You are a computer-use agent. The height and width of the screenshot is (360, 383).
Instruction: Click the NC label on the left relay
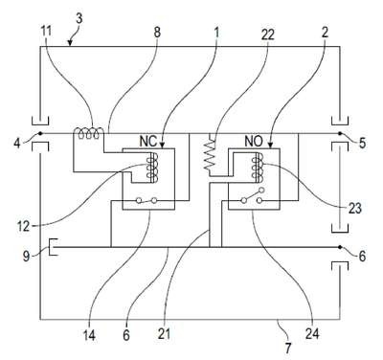point(148,142)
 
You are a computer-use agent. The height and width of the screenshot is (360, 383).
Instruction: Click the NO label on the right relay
point(254,141)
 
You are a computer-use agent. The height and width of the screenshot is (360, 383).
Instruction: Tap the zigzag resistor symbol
point(210,154)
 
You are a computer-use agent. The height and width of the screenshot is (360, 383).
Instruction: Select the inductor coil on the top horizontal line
point(89,133)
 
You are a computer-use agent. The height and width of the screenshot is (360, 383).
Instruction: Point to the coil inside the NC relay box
point(152,168)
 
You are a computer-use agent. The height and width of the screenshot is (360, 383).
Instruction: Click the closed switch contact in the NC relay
point(146,200)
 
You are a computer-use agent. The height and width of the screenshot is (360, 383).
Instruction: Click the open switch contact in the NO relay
point(253,195)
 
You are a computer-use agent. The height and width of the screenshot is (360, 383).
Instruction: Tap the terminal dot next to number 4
point(40,133)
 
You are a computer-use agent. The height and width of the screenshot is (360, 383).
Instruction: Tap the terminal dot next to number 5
point(340,133)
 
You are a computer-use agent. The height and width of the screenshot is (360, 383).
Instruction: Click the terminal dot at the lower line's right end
point(340,247)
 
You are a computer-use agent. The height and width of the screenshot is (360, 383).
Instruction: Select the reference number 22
point(267,34)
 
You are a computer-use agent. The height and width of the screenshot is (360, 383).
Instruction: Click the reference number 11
point(46,32)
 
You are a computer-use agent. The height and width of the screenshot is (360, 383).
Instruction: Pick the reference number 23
point(354,209)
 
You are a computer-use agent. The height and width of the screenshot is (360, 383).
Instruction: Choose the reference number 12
point(23,226)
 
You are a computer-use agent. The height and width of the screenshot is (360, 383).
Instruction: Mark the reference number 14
point(89,335)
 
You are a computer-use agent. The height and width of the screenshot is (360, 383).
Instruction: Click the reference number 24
point(312,334)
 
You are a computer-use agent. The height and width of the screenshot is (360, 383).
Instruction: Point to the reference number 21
point(164,334)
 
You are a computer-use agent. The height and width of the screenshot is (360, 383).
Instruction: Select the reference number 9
point(26,257)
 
